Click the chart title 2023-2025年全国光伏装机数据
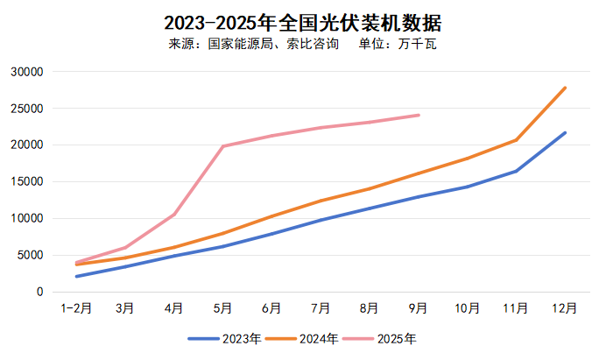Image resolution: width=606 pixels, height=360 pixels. tap(302, 22)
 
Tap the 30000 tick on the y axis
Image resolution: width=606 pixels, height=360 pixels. tap(27, 72)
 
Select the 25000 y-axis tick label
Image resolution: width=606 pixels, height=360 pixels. tap(27, 109)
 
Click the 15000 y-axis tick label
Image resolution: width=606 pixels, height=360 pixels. tap(27, 182)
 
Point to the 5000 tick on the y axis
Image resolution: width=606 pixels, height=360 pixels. tap(31, 256)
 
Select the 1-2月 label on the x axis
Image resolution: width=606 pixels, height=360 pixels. tap(76, 308)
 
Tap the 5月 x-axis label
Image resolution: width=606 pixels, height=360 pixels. tap(222, 308)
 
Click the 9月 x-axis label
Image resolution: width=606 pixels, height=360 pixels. tap(419, 308)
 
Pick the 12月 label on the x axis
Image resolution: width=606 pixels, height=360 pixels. tap(565, 308)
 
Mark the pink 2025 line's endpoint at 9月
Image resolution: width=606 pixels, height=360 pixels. tap(419, 115)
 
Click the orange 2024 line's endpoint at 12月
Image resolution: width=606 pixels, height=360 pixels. tap(565, 88)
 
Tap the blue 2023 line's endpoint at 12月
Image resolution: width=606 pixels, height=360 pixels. tap(565, 133)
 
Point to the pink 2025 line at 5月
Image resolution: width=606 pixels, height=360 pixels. tap(222, 146)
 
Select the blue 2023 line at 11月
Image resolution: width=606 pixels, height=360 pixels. tap(516, 171)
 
